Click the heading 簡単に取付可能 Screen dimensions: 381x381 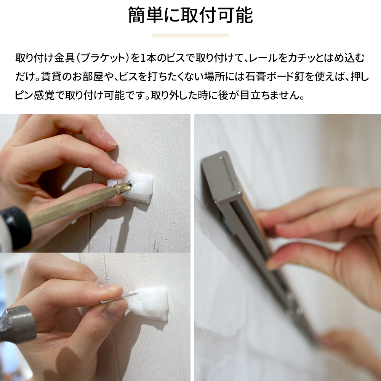pos(190,15)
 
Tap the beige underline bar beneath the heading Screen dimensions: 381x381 pos(190,35)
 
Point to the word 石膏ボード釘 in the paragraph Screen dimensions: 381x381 pos(275,77)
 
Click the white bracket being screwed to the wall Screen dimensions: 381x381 pos(136,187)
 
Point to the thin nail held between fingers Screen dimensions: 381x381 pos(119,298)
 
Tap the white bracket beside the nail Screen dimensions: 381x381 pos(148,304)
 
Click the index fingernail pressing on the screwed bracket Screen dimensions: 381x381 pos(120,168)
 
